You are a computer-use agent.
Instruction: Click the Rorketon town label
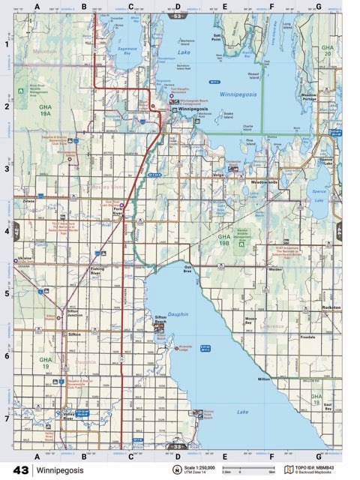331,308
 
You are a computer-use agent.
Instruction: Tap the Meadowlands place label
265,182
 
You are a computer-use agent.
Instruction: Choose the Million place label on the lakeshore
264,379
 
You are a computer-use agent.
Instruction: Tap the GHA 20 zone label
327,50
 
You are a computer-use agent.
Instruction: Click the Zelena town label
28,202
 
